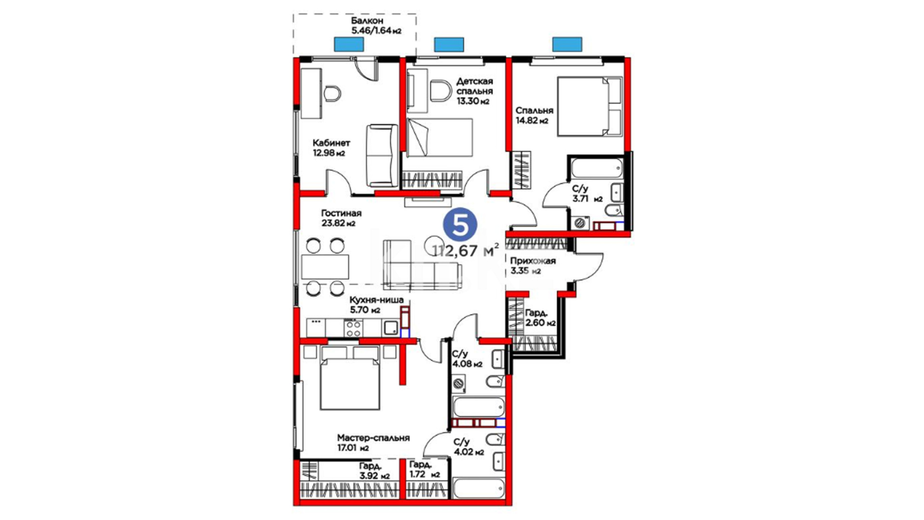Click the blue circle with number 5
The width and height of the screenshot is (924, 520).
tap(460, 224)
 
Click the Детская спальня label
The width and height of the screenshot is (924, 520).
tap(475, 86)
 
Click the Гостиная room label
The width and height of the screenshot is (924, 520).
tap(341, 213)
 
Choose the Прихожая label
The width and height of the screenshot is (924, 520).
tap(533, 261)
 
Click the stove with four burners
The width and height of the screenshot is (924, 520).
tap(353, 328)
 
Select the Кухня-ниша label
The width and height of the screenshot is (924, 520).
tap(376, 300)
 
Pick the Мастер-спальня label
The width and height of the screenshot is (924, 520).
tap(373, 438)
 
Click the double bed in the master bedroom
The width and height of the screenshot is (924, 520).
tap(350, 378)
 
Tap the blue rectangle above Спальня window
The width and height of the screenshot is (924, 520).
tap(567, 44)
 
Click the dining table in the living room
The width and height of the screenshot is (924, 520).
tap(325, 267)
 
